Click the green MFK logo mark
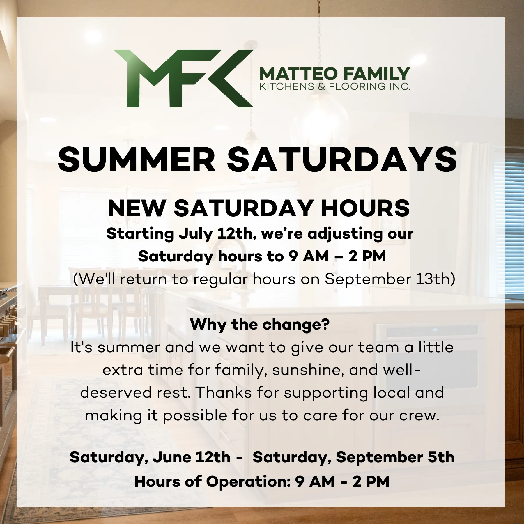(183, 79)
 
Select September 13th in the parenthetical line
(387, 279)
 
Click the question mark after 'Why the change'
(325, 324)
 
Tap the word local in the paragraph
(392, 393)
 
